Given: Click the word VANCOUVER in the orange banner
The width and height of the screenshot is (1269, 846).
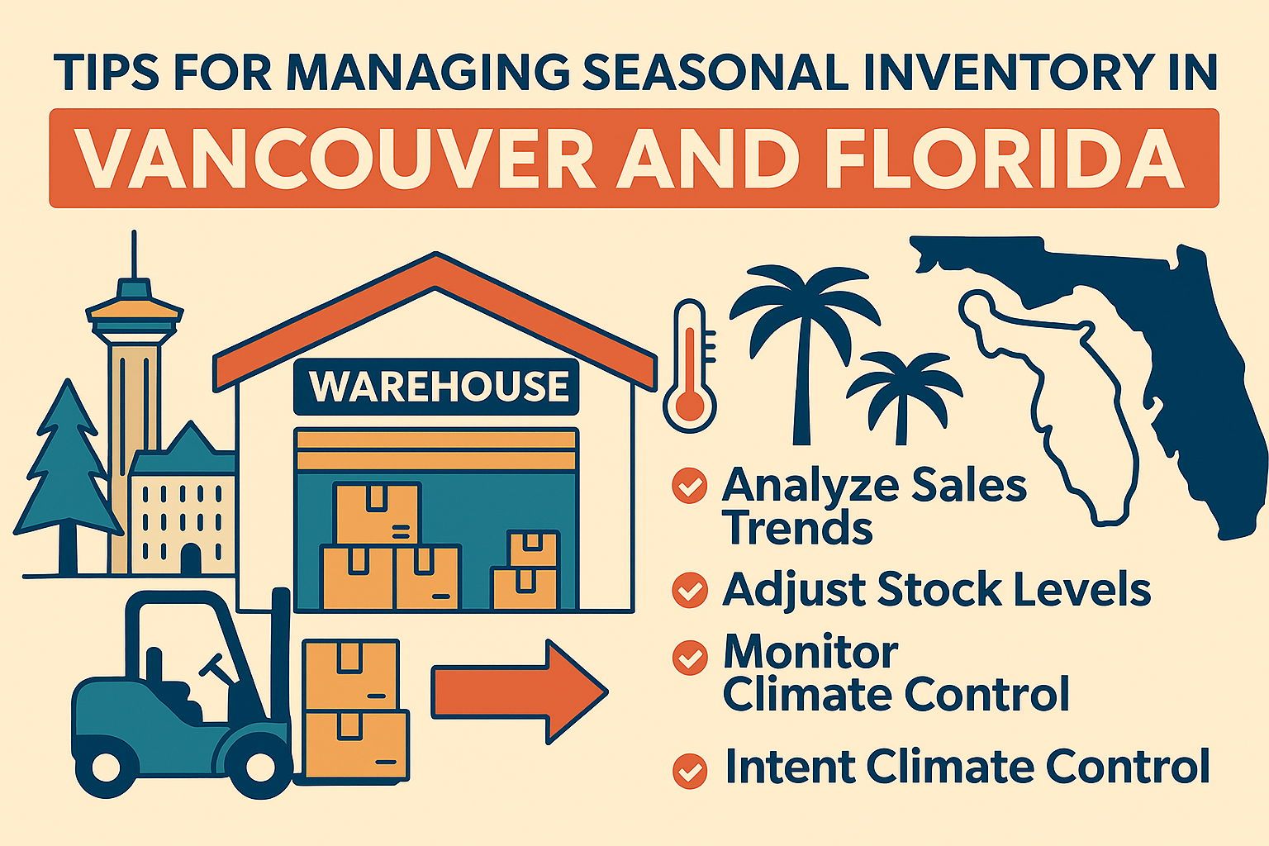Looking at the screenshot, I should [335, 159].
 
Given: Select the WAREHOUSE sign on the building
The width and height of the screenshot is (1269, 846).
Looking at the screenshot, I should [437, 387].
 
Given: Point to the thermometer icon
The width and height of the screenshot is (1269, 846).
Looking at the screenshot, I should [691, 366].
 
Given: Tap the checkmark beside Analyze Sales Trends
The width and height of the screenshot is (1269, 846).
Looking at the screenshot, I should [689, 486].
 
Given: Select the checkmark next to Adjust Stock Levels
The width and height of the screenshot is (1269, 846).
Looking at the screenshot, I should [689, 590].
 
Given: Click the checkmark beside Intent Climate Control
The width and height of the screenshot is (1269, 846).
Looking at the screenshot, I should [689, 770].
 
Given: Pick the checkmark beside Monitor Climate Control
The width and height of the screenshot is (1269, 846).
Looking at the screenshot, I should [689, 658].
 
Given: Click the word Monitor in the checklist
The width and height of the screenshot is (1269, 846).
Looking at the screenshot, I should [810, 652].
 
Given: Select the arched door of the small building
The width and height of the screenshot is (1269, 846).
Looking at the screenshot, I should [191, 558].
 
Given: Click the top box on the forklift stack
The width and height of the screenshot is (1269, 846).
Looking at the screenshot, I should [351, 672].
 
